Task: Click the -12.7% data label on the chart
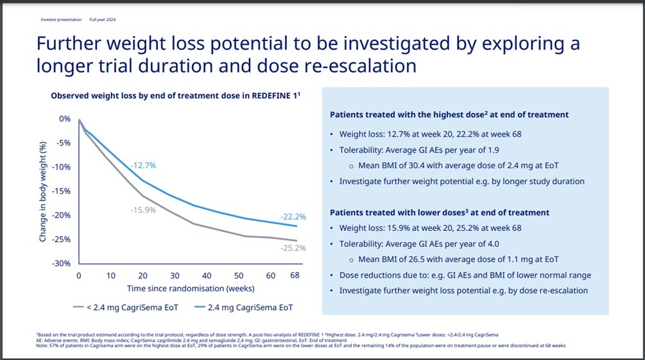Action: (143, 166)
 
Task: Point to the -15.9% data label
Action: (143, 210)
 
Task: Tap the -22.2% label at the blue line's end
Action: (293, 217)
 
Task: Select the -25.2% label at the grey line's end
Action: (293, 248)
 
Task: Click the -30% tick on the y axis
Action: (62, 263)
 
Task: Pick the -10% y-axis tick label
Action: (62, 167)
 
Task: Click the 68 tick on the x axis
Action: (295, 275)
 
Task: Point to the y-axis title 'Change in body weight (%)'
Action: (42, 191)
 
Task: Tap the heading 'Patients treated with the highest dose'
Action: (449, 114)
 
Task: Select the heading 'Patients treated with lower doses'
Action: (440, 212)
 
